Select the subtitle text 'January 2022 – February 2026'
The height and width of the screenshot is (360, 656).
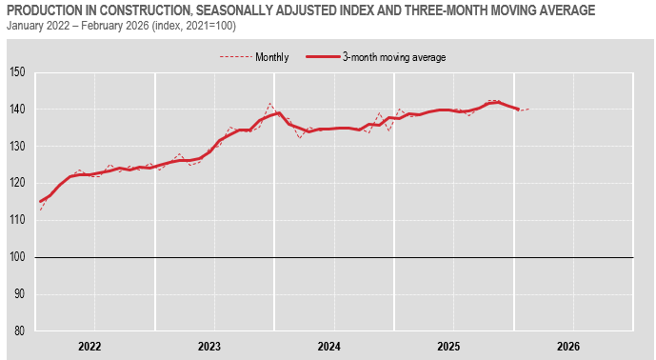(77, 26)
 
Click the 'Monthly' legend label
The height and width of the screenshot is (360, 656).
(272, 57)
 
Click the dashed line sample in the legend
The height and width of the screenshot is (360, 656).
(234, 57)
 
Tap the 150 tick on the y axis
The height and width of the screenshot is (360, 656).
(18, 72)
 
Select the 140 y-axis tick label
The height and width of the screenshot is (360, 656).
(18, 110)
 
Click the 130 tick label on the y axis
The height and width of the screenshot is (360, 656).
(18, 147)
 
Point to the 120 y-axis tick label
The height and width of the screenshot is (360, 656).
(18, 184)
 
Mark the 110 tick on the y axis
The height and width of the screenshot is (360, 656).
(18, 221)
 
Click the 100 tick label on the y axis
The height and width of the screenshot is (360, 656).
(18, 258)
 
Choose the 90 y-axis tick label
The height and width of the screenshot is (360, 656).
(20, 294)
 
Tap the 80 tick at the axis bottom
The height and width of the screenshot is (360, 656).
(20, 331)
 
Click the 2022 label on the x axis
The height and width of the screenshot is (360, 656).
(90, 347)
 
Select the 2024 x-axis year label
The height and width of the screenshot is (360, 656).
(329, 347)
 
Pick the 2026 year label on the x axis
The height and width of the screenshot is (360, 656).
(568, 347)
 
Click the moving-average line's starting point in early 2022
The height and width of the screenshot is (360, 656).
(40, 202)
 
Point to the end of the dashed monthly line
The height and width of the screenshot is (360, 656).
(528, 109)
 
